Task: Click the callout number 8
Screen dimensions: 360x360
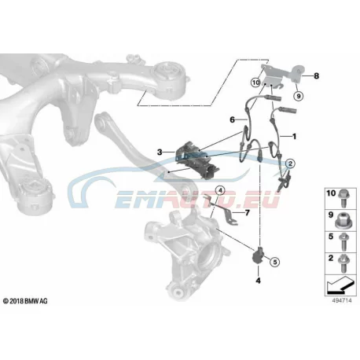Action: (316, 76)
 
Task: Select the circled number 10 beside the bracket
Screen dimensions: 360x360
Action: (255, 83)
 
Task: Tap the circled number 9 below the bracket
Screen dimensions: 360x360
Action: (298, 96)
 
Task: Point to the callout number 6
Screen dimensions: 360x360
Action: (232, 119)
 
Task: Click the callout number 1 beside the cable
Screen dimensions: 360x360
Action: (294, 136)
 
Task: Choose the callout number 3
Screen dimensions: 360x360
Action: (160, 152)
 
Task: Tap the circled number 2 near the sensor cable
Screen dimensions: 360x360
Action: (290, 163)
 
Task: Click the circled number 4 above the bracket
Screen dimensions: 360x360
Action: (220, 190)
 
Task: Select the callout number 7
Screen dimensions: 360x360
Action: (248, 213)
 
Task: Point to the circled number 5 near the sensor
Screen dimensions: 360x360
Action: (274, 262)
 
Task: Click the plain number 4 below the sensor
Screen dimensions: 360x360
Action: (258, 281)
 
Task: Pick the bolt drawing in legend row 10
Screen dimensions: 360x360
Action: (343, 198)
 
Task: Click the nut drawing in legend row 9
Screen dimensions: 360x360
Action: (343, 220)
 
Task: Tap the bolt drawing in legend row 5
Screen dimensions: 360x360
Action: (343, 242)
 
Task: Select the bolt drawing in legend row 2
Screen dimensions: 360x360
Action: (343, 263)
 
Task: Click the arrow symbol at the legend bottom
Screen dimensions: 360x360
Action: (340, 285)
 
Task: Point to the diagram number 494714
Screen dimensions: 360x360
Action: (342, 300)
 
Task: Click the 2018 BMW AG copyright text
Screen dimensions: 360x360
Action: (25, 301)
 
